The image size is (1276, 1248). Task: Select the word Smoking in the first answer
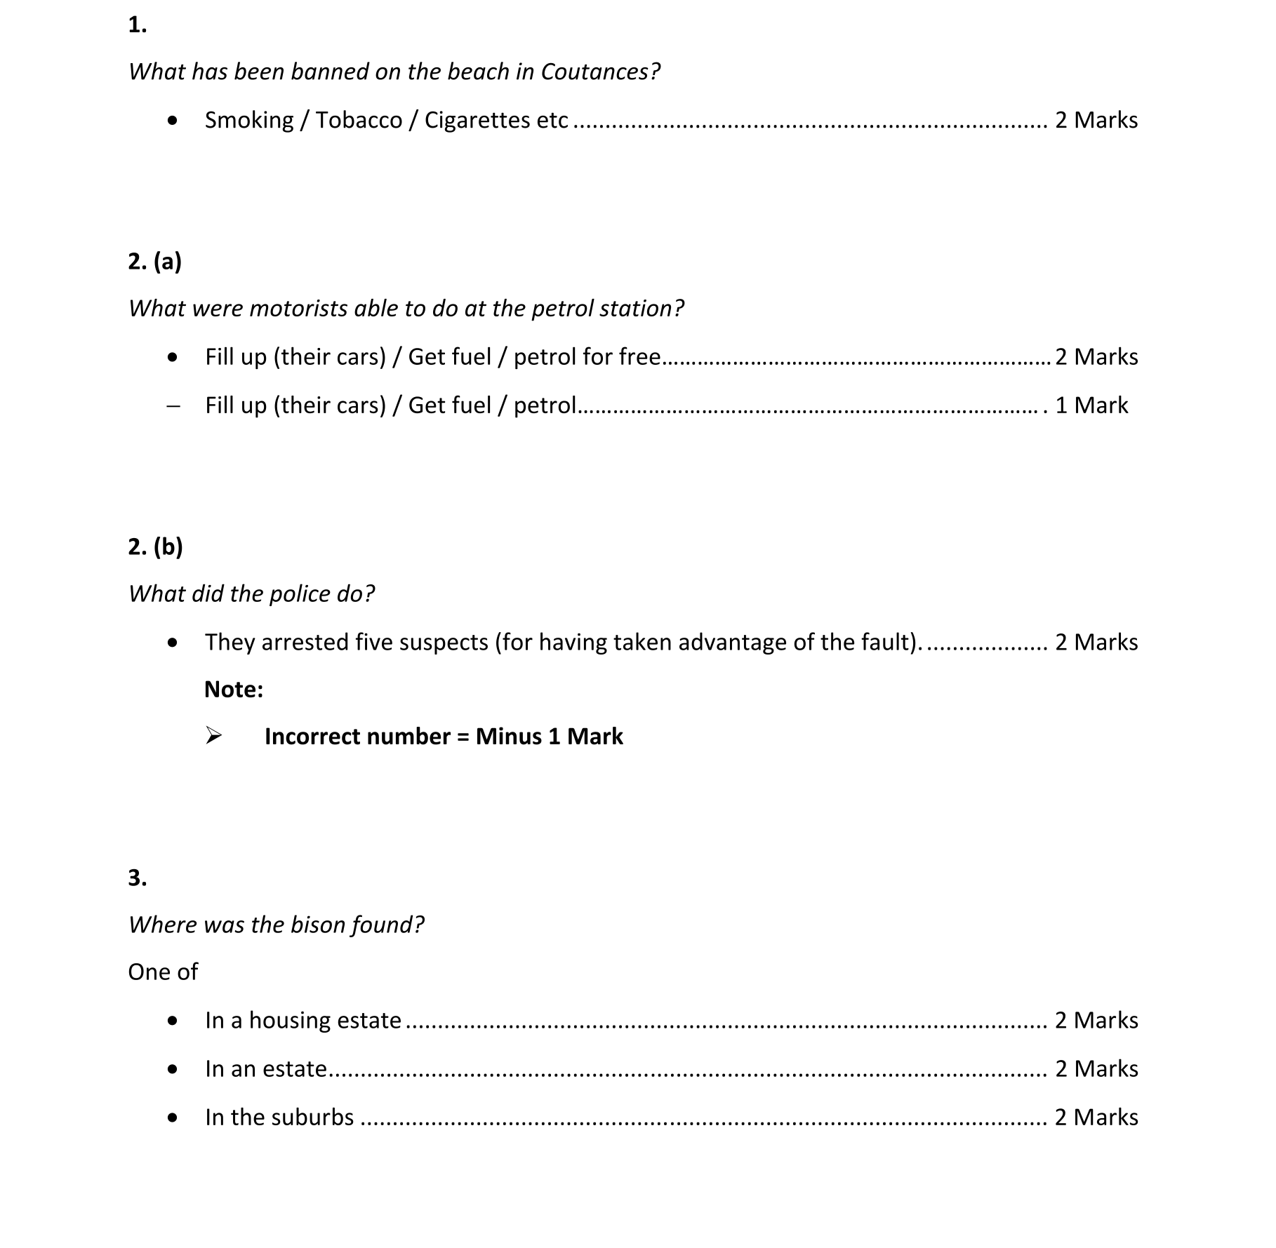[249, 120]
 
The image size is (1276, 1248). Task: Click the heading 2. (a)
[154, 261]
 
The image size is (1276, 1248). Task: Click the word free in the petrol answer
[639, 356]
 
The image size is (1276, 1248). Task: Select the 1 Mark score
[1091, 405]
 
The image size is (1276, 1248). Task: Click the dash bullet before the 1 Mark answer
[173, 405]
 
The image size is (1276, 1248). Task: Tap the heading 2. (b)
[155, 546]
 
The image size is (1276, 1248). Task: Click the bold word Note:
[234, 689]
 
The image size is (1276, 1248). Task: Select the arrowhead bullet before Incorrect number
[213, 736]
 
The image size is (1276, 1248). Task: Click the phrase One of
[163, 972]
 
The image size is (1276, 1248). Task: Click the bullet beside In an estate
[173, 1069]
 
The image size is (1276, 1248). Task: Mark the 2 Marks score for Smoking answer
[1096, 120]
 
